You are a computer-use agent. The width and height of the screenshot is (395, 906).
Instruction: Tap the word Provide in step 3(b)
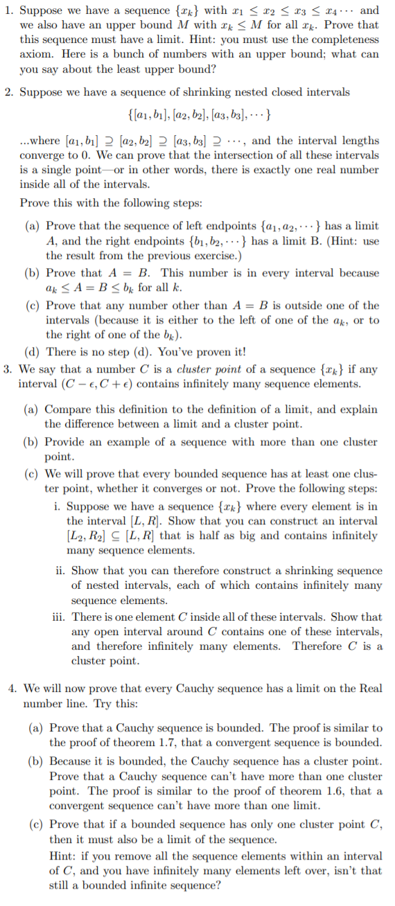tap(67, 442)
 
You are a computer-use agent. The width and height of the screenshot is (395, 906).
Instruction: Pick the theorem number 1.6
tap(319, 791)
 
